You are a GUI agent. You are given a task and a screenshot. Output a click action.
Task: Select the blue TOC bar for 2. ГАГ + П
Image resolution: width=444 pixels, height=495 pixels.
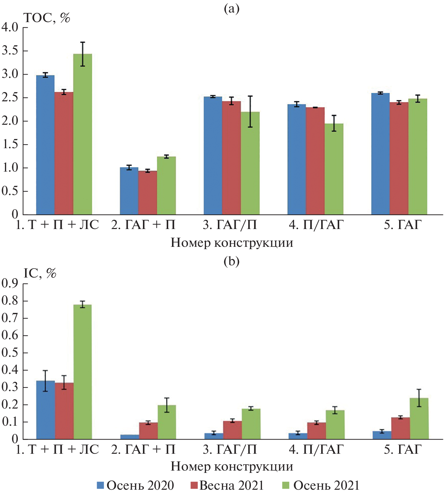(129, 191)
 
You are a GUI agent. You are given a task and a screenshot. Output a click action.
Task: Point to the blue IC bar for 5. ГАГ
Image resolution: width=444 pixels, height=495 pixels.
(382, 435)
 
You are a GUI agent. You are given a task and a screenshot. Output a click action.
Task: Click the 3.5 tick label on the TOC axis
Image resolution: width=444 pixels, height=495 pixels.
(10, 51)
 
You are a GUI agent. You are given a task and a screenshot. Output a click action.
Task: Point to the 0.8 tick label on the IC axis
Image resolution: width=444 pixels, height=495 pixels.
(10, 301)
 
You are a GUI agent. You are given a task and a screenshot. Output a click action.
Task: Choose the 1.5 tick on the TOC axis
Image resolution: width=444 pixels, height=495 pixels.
(10, 145)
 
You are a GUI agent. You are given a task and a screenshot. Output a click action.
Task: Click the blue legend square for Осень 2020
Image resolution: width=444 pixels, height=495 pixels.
(100, 485)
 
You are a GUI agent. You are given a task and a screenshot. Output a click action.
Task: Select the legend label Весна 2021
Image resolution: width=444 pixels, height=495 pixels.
(231, 485)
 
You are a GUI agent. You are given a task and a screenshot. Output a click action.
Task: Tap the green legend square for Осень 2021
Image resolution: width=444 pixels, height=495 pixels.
(286, 485)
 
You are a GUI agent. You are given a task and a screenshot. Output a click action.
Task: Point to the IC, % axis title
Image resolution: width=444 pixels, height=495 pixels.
(40, 273)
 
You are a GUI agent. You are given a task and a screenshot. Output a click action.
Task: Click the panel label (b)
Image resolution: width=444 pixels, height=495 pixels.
(231, 261)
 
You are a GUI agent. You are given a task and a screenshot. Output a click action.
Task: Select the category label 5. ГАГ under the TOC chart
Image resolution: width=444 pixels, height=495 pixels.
(403, 225)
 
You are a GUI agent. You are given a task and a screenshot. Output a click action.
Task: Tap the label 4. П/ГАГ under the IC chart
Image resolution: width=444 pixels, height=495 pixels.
(316, 449)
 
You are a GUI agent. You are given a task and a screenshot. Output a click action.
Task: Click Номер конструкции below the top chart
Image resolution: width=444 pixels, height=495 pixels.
(232, 243)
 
